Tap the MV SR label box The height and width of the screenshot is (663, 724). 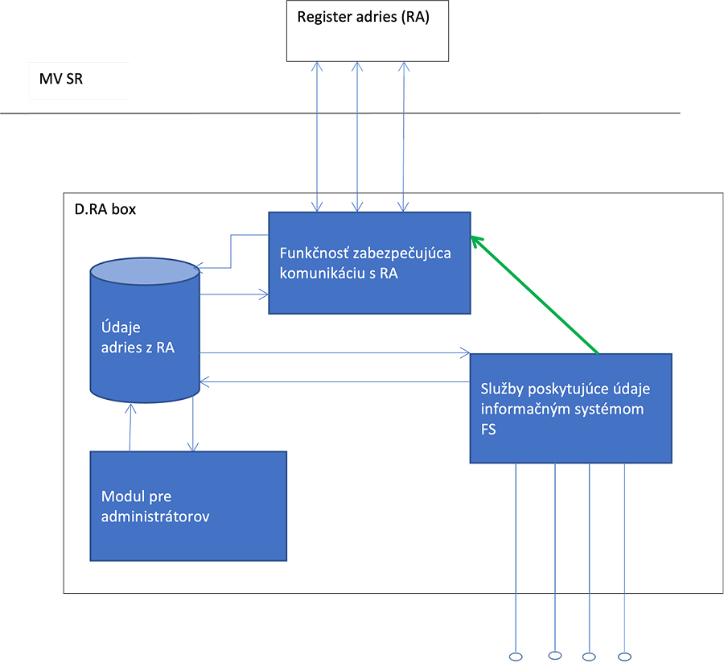click(79, 81)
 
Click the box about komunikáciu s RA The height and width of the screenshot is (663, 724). click(369, 263)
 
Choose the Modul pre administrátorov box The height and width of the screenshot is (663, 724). click(188, 505)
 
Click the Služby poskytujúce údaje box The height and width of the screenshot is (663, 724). click(570, 408)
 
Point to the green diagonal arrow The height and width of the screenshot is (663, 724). click(535, 294)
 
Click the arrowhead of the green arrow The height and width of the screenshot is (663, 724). click(475, 239)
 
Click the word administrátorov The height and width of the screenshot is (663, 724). click(155, 517)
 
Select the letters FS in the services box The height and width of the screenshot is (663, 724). click(489, 430)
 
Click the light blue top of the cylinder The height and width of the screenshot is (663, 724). click(144, 272)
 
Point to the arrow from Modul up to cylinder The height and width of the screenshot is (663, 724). click(130, 426)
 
